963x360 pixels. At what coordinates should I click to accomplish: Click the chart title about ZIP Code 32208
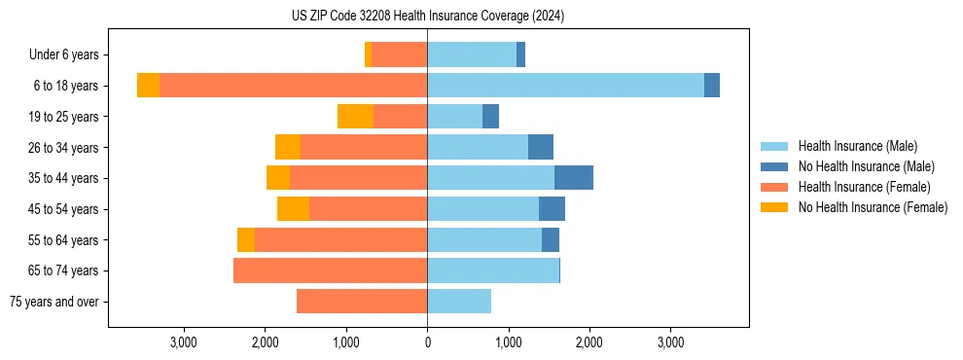point(427,17)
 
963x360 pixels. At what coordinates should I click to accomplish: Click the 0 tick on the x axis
point(427,342)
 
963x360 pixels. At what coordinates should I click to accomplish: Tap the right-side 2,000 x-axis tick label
point(589,342)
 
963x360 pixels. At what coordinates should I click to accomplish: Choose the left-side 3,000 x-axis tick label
point(184,342)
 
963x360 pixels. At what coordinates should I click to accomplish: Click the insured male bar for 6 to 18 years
point(565,86)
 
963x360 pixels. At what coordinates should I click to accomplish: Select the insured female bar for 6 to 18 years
point(293,86)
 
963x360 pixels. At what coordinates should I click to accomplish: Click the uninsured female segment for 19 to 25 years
point(355,117)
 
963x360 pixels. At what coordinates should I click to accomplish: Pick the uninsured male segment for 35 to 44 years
point(574,178)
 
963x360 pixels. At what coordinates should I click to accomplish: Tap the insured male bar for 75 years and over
point(459,302)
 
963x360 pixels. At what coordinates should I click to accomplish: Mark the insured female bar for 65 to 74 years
point(330,270)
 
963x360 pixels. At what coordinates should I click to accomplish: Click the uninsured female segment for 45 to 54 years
point(293,209)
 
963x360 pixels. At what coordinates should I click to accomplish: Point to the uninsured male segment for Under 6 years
point(520,55)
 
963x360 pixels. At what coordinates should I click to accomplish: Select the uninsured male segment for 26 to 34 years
point(541,147)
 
